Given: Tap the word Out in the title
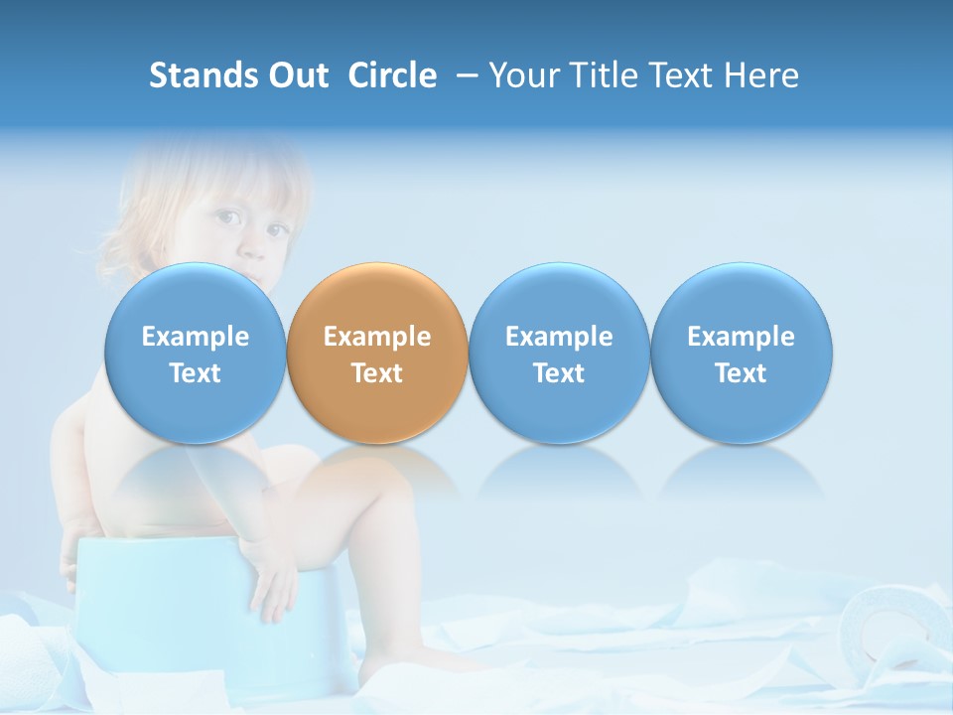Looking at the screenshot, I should click(x=296, y=75).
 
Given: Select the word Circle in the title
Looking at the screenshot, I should click(x=392, y=75).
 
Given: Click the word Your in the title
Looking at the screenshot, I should click(x=523, y=75).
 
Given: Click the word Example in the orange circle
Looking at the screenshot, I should click(x=377, y=337).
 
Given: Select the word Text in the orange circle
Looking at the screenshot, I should click(x=377, y=373).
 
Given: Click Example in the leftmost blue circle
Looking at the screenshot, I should click(x=196, y=337).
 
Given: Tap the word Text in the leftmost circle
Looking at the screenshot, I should click(x=196, y=373).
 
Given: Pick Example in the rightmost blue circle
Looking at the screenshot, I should click(x=741, y=337).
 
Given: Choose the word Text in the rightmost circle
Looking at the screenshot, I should click(x=741, y=373).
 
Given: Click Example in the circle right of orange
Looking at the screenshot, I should click(x=559, y=337).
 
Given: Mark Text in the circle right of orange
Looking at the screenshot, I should click(x=559, y=373).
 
